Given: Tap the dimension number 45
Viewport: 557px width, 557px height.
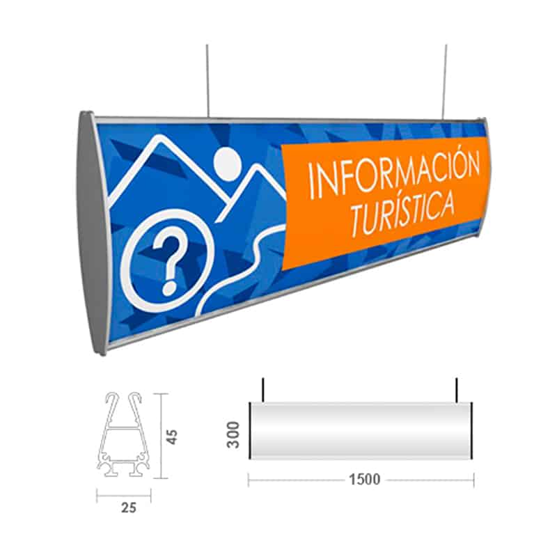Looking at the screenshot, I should coord(173,436).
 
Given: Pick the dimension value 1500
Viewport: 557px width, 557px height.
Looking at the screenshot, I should coord(361,479).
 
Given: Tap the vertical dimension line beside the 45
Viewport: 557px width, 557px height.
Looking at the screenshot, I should coord(162,436).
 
